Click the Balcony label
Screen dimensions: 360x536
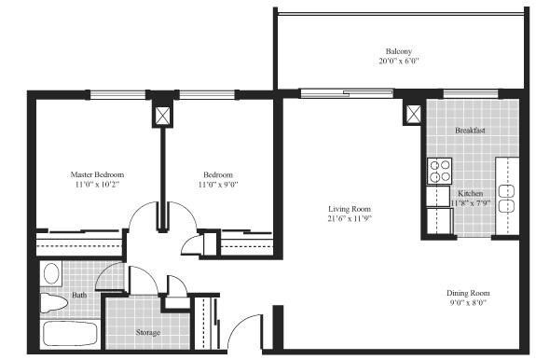tap(398, 51)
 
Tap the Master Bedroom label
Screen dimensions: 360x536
tap(98, 174)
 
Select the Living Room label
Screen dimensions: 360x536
tap(350, 209)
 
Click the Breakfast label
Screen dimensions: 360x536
tap(470, 131)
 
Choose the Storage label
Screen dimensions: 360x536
tap(147, 333)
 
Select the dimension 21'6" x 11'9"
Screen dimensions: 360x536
tap(350, 220)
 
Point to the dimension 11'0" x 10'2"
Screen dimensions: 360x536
tap(98, 186)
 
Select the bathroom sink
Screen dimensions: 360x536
tap(52, 273)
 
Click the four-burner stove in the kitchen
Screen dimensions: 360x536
tap(439, 171)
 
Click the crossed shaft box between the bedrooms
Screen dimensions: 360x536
tap(163, 115)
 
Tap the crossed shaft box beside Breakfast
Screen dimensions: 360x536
tap(413, 114)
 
